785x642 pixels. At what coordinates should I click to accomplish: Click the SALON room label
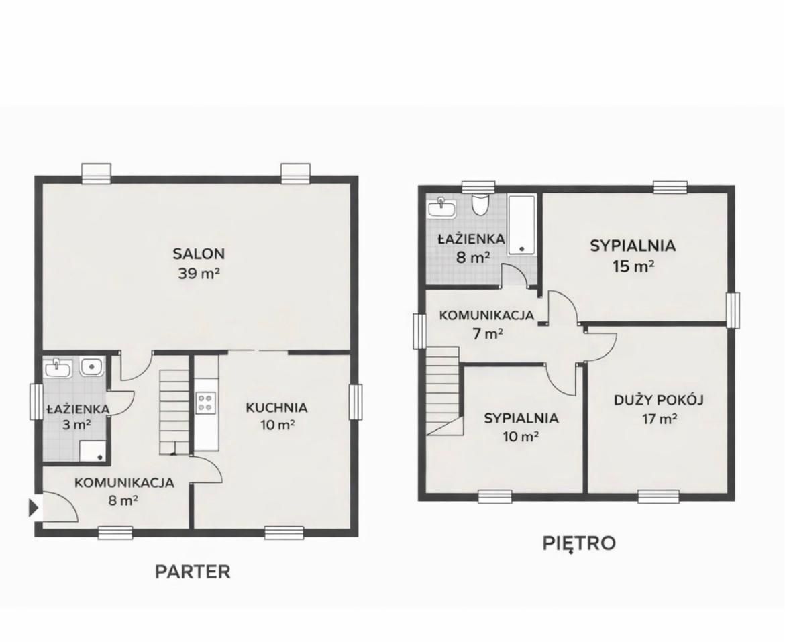pyautogui.click(x=199, y=254)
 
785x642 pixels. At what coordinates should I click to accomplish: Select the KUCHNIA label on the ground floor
pyautogui.click(x=276, y=407)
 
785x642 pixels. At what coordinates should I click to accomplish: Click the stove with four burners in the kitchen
pyautogui.click(x=205, y=402)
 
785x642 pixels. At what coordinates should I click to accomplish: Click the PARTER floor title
pyautogui.click(x=193, y=572)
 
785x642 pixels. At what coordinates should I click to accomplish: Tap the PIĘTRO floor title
pyautogui.click(x=578, y=543)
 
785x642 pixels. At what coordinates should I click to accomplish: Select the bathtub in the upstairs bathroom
pyautogui.click(x=521, y=225)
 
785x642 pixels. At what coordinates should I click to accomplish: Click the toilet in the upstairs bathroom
pyautogui.click(x=480, y=204)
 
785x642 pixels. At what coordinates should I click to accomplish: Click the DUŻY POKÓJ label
pyautogui.click(x=658, y=400)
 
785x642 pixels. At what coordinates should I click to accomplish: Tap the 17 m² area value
pyautogui.click(x=658, y=419)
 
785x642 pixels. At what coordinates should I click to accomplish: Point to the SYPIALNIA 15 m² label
pyautogui.click(x=633, y=246)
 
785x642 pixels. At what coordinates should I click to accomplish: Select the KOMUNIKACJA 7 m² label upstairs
pyautogui.click(x=486, y=315)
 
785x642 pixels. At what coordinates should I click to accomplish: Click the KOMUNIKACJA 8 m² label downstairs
pyautogui.click(x=124, y=482)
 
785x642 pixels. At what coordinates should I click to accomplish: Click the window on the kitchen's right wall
pyautogui.click(x=355, y=401)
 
